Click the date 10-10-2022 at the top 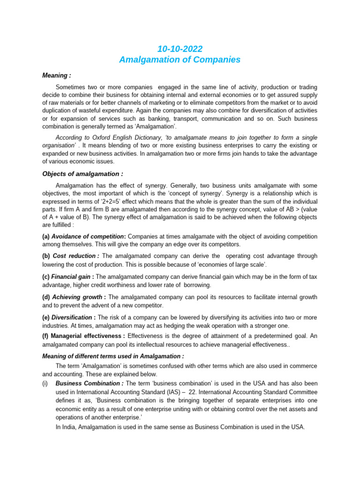pos(180,49)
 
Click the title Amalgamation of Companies pos(180,60)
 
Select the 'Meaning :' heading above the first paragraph pos(57,75)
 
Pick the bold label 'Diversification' pos(71,317)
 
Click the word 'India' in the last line pos(69,427)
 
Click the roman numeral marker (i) pos(45,383)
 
